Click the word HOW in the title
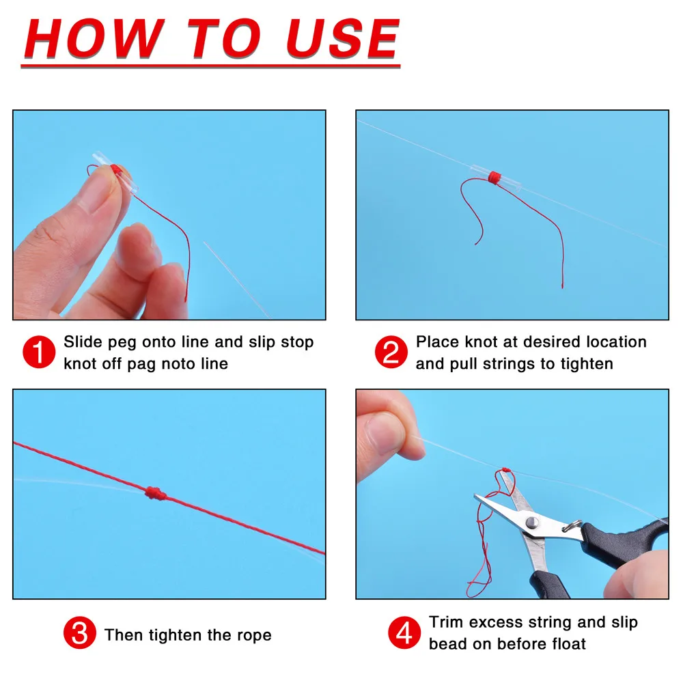click(x=94, y=38)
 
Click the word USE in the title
click(x=343, y=38)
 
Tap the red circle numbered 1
click(x=39, y=352)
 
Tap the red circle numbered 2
click(x=391, y=352)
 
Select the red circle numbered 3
click(x=80, y=632)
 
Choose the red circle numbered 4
click(x=404, y=632)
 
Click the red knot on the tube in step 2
click(x=494, y=178)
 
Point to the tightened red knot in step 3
click(x=156, y=493)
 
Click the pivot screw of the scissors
click(x=532, y=522)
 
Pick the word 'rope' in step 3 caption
click(x=254, y=636)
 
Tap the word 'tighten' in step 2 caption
click(x=587, y=364)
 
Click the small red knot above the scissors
click(x=505, y=470)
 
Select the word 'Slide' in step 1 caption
click(x=83, y=342)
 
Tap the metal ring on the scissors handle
click(x=574, y=525)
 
